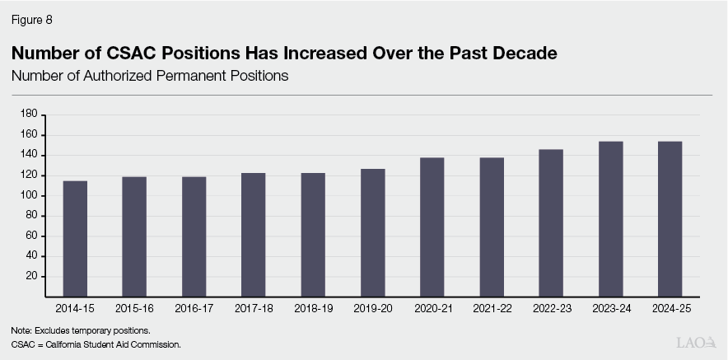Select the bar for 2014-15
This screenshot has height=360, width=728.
[x=75, y=238]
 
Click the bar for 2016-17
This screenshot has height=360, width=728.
[x=194, y=236]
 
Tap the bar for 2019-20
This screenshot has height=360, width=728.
[x=372, y=232]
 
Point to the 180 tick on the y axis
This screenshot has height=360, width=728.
[x=29, y=114]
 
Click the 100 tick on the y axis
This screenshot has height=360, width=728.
[x=29, y=195]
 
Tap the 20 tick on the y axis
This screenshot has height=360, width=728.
[x=31, y=276]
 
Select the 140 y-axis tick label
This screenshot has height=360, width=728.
[x=29, y=155]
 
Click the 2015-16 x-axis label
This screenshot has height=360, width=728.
[x=134, y=308]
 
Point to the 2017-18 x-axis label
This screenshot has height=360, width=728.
[x=253, y=308]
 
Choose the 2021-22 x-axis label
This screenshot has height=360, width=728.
[x=491, y=308]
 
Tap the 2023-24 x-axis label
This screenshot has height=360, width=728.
[x=610, y=308]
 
